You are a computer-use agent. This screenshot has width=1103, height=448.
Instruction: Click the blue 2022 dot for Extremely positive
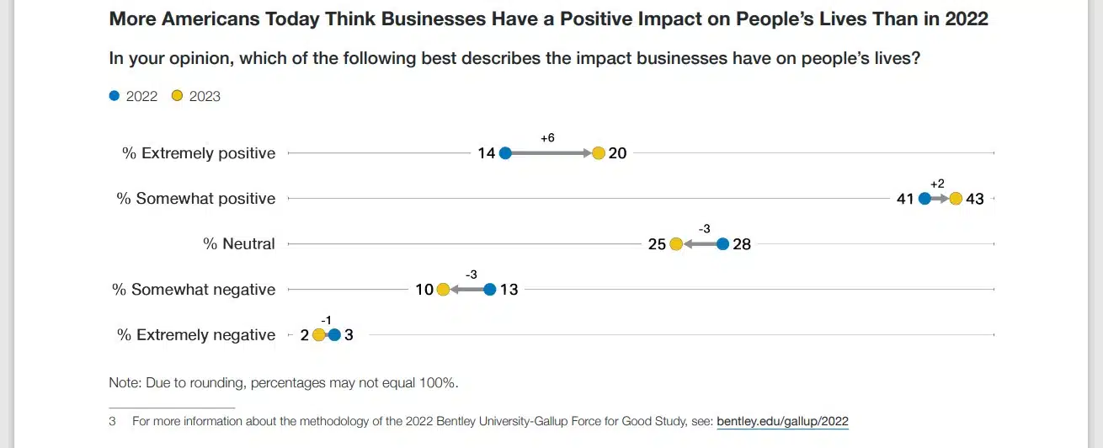[505, 153]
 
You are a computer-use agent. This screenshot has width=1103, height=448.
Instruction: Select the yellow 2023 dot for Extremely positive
[599, 153]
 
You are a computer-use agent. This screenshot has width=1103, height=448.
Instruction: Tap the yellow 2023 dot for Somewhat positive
[955, 199]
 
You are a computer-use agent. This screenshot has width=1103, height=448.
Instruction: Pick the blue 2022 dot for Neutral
[722, 244]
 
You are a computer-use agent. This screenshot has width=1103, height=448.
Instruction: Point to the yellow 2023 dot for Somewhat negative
[443, 290]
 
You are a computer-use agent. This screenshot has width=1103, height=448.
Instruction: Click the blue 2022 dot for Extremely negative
[334, 335]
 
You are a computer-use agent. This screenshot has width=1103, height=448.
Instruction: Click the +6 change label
[547, 137]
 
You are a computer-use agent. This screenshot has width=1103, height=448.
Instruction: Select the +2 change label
[938, 184]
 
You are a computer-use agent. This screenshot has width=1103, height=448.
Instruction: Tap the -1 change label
[327, 319]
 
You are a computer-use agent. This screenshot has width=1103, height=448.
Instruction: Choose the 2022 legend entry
[134, 96]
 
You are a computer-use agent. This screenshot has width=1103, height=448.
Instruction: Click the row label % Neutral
[239, 244]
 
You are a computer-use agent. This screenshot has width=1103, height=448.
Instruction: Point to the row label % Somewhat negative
[194, 290]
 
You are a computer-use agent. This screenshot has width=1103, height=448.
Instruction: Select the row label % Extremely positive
[199, 153]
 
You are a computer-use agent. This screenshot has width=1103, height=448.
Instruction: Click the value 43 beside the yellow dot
[974, 200]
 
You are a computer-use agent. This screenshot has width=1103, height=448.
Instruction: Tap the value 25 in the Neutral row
[657, 245]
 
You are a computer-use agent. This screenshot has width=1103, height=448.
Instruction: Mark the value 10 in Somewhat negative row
[424, 291]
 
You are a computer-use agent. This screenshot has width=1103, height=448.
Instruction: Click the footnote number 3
[112, 421]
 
